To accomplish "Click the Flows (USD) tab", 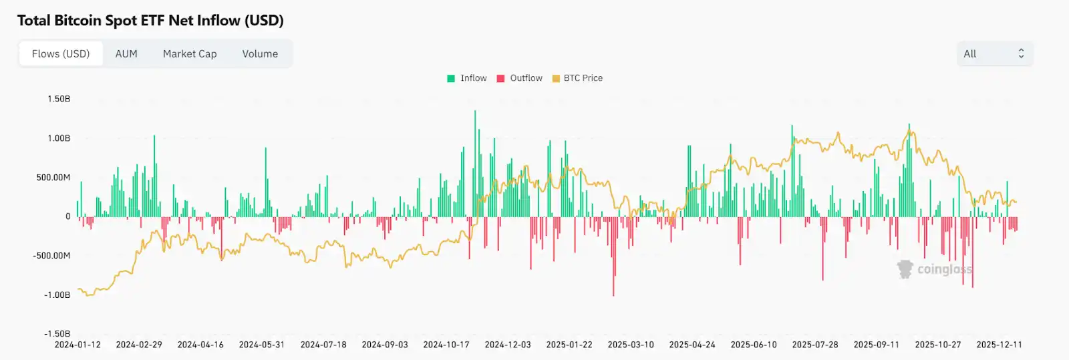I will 61,54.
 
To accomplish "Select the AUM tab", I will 126,54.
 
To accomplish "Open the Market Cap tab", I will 190,54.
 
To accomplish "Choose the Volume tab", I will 260,54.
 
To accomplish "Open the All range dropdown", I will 994,54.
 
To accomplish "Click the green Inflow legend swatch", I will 451,78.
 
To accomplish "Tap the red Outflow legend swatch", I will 500,78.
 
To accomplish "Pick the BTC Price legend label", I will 583,78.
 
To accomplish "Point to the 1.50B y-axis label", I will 59,99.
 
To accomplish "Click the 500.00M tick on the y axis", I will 53,178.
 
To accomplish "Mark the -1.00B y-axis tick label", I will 57,295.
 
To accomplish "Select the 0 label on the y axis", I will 67,216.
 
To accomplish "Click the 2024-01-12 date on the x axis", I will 78,345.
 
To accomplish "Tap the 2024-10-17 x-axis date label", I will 446,345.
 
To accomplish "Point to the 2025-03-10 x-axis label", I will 631,345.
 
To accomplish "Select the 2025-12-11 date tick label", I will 999,345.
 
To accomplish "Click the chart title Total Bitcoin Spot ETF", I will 150,21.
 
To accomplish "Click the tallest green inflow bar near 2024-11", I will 475,164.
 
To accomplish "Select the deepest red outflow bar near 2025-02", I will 613,257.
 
